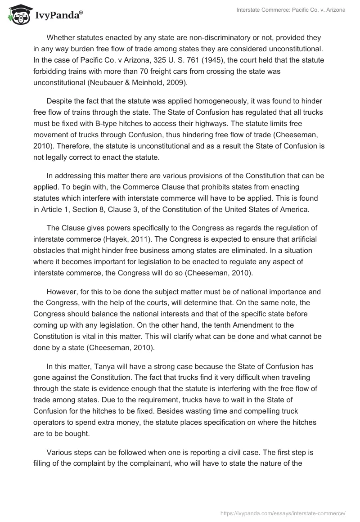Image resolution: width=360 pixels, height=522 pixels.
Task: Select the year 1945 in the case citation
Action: pyautogui.click(x=189, y=60)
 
